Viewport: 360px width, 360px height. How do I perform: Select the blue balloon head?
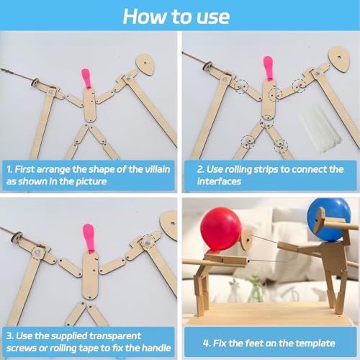(329, 219)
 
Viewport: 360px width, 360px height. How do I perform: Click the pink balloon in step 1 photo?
(86, 78)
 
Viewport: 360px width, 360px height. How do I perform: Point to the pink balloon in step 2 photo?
(269, 68)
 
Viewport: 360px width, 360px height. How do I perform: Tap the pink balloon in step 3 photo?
(89, 238)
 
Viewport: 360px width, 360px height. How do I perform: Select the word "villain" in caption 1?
(158, 169)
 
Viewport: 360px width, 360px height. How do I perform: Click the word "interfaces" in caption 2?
(219, 181)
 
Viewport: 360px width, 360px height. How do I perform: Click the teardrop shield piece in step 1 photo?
(145, 65)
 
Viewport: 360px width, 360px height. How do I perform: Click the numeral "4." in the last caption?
(207, 343)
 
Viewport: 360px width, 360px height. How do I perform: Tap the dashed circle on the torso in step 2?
(275, 95)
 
